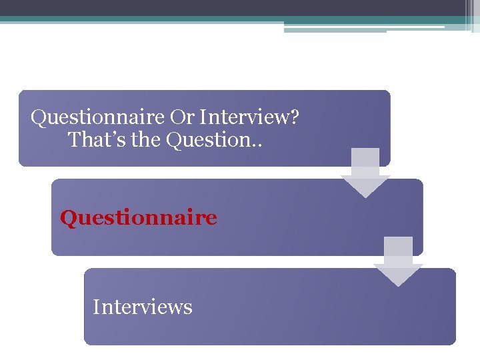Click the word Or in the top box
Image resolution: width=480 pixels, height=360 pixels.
(183, 118)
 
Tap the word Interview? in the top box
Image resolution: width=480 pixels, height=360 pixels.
(250, 118)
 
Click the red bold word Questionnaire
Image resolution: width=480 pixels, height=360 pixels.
(139, 218)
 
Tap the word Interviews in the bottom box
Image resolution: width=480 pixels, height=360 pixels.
(143, 307)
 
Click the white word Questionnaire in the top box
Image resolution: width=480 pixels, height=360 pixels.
(98, 119)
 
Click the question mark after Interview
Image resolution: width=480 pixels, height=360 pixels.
(294, 118)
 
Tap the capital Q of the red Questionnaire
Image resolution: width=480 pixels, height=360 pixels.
(67, 218)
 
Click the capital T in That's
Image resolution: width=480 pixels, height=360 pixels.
(74, 140)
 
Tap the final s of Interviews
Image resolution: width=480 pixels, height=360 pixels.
(189, 309)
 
